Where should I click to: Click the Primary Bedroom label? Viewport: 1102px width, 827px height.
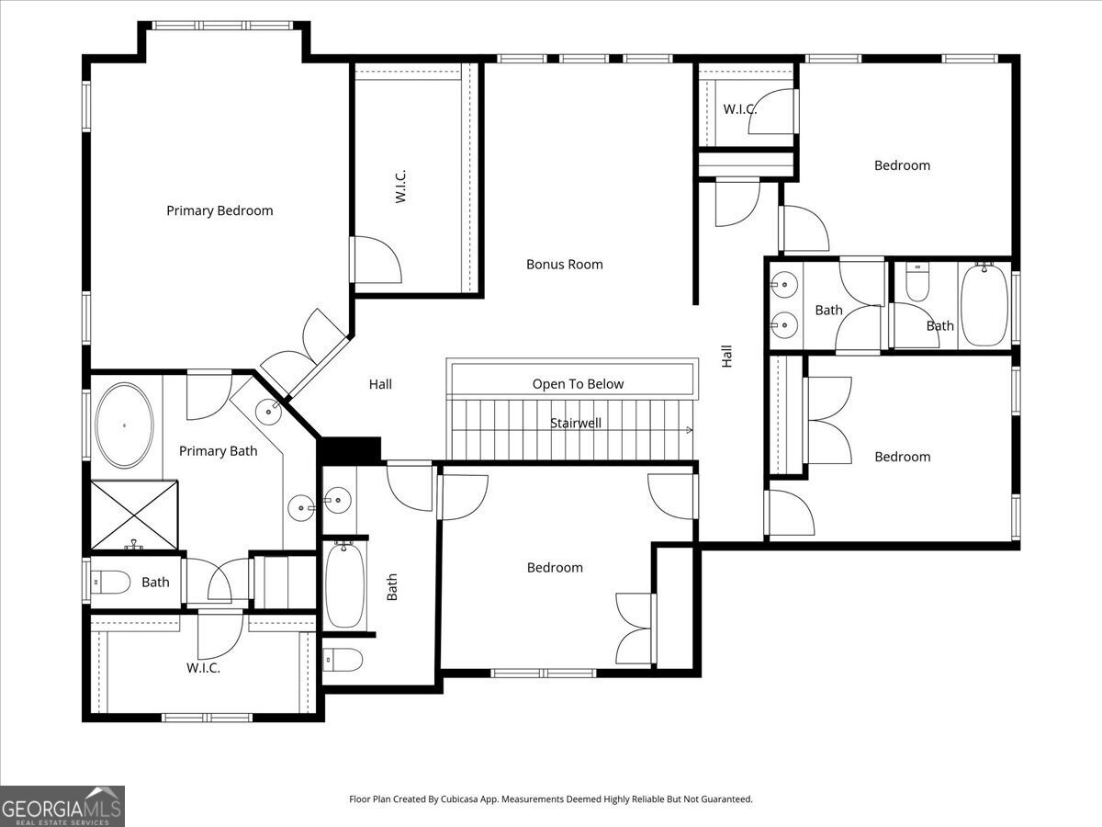click(219, 211)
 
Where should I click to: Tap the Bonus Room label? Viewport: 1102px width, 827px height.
click(564, 265)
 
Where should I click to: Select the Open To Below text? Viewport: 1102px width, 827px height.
click(578, 384)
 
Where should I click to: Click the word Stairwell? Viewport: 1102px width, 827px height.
click(576, 424)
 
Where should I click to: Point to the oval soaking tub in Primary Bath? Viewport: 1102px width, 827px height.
click(124, 425)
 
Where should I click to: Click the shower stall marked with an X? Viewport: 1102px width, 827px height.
click(134, 515)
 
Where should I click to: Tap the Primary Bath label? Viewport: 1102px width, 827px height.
click(218, 451)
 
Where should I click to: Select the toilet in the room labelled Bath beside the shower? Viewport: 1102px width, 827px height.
click(110, 582)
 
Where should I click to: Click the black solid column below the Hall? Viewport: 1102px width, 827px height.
click(351, 450)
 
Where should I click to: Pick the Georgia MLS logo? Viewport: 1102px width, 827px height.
click(62, 806)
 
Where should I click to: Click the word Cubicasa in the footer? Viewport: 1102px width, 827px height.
click(459, 799)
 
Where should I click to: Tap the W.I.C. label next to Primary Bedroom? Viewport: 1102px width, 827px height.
click(400, 187)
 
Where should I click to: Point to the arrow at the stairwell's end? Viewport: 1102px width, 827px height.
click(690, 430)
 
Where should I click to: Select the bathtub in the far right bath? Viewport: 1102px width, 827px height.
click(984, 305)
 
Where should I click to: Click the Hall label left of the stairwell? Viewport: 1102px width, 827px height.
click(380, 385)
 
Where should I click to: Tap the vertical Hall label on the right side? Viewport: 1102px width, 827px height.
click(726, 356)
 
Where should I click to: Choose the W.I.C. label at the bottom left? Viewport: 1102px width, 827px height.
click(203, 668)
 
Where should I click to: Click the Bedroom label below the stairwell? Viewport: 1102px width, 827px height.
click(555, 568)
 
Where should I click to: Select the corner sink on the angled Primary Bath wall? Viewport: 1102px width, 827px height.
click(268, 413)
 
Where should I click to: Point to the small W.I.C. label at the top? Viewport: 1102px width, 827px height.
click(739, 109)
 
